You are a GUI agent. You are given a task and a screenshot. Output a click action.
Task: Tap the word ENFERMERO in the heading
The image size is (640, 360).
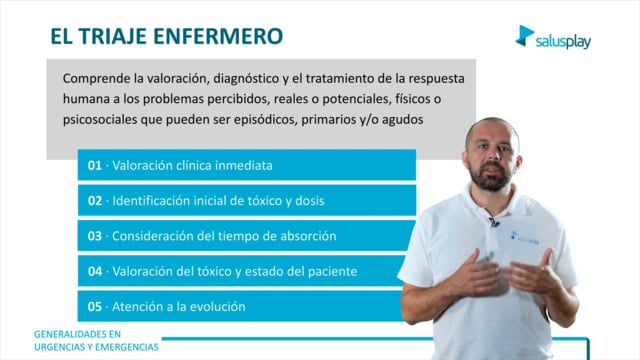[x=218, y=36]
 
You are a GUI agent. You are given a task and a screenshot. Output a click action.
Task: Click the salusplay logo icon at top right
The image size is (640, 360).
[x=524, y=36]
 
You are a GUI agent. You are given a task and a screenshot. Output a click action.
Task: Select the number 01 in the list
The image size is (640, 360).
[x=95, y=165]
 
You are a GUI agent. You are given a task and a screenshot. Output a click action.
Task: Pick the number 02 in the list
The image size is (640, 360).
[x=95, y=201]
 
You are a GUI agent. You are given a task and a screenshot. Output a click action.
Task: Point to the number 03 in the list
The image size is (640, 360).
[x=95, y=236]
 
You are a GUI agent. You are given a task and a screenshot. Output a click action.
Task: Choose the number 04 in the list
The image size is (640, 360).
[x=95, y=271]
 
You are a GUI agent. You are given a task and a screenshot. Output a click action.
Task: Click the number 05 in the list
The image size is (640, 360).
[x=95, y=307]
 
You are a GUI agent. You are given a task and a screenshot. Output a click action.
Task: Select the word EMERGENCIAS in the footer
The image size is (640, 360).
[x=127, y=347]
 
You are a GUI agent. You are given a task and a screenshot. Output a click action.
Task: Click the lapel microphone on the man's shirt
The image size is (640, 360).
[x=494, y=222]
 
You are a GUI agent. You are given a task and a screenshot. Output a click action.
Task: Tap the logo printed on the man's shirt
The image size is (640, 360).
[x=524, y=238]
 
